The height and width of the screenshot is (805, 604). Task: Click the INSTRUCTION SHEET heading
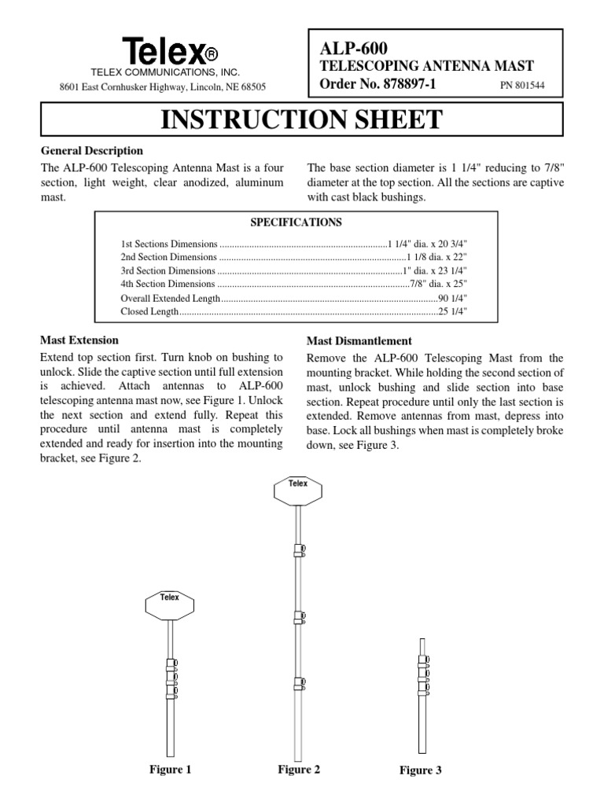click(301, 119)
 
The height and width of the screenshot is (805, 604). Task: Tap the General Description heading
click(91, 150)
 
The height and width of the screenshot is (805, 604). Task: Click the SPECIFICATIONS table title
click(301, 222)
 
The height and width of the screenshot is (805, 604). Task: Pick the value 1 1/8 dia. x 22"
click(438, 257)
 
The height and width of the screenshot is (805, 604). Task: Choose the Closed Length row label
click(145, 313)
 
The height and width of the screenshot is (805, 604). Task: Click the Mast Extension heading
click(79, 340)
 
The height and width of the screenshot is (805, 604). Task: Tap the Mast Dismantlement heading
click(359, 340)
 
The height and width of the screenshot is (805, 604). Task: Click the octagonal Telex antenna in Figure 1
click(170, 605)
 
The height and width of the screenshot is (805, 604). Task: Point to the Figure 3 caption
click(420, 770)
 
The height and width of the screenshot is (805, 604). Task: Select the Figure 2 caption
click(298, 770)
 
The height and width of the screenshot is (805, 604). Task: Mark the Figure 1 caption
click(170, 770)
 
